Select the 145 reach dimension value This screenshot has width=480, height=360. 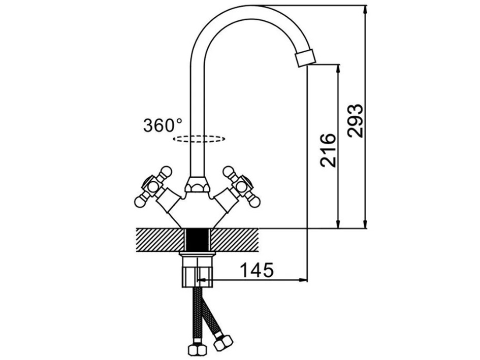(257, 270)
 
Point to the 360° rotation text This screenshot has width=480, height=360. (162, 125)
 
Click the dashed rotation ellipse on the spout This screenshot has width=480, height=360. (199, 138)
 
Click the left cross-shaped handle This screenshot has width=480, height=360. (151, 186)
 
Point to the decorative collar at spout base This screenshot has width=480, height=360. (199, 185)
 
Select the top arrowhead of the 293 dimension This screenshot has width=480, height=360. (365, 9)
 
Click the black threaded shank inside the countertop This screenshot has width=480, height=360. (198, 239)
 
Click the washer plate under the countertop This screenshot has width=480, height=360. (198, 252)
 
